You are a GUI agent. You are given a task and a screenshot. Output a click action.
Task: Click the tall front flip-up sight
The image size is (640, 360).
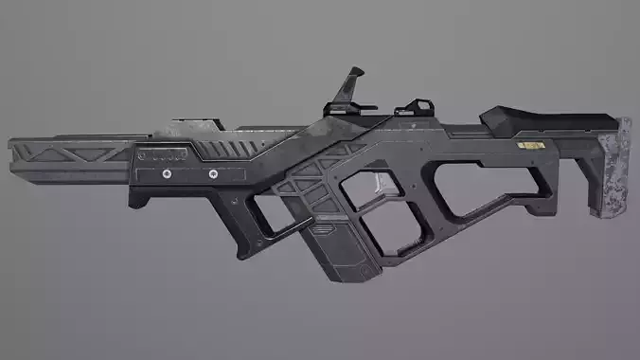tap(353, 84)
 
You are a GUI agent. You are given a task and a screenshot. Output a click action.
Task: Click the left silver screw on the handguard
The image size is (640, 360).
tap(168, 174)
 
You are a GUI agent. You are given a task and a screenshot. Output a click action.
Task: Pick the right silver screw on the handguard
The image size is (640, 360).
tap(212, 174)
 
